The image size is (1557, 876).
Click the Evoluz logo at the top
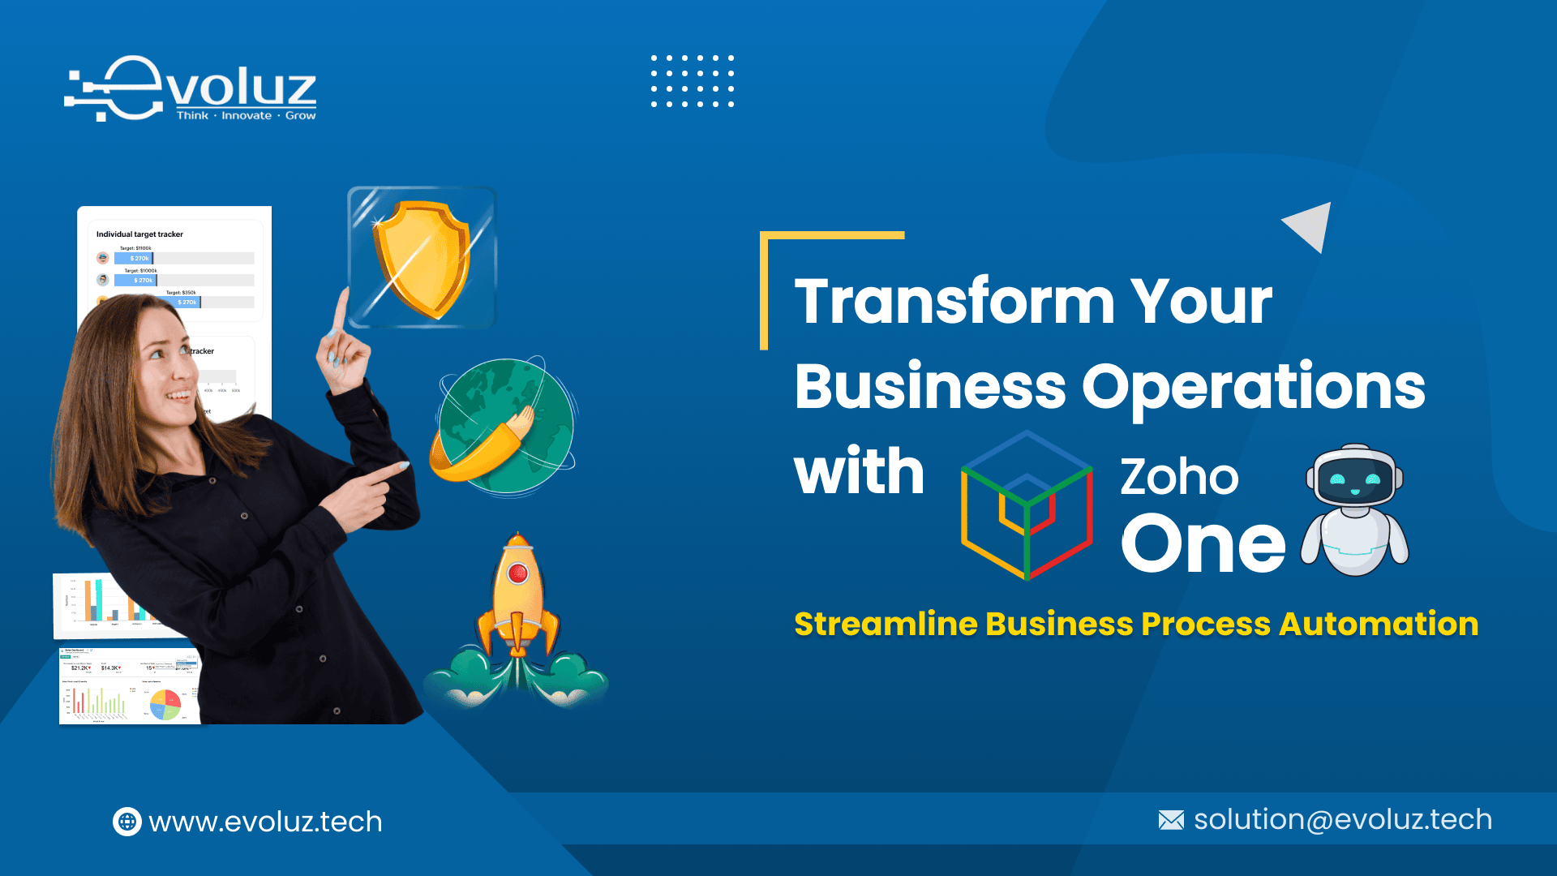tap(191, 90)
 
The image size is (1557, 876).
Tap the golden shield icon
tap(421, 258)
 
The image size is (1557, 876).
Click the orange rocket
tap(518, 600)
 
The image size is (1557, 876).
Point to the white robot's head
tap(1354, 478)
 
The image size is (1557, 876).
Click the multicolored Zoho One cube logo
tap(1027, 505)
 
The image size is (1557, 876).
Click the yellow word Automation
tap(1379, 624)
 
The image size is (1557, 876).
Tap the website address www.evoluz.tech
tap(265, 822)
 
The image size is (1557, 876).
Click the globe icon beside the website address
tap(127, 822)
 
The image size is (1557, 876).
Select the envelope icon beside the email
tap(1171, 820)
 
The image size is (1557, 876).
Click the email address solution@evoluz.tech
tap(1343, 819)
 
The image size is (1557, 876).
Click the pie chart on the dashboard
tap(165, 704)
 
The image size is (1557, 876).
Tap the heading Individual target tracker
tap(139, 234)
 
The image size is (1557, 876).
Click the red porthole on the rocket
tap(517, 574)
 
